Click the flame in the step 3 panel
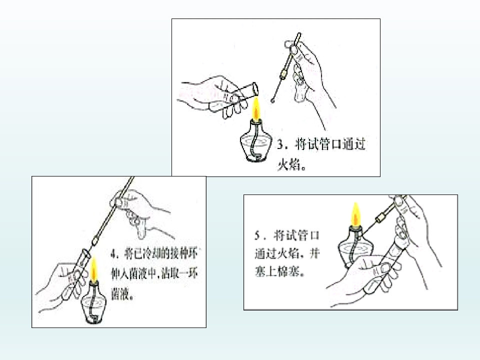click(x=256, y=108)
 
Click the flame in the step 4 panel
click(x=93, y=270)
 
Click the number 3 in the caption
click(x=280, y=144)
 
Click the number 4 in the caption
click(x=114, y=254)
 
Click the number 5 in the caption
click(x=258, y=235)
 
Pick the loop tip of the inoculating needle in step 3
click(x=272, y=100)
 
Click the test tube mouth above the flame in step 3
click(x=255, y=89)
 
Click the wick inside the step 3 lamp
click(x=254, y=144)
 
